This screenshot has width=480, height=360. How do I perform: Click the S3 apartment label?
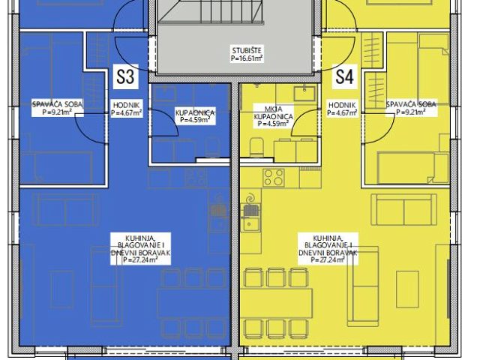coord(126,76)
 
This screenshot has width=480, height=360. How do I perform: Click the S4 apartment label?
coord(345,76)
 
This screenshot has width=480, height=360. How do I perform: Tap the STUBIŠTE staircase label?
coord(247,50)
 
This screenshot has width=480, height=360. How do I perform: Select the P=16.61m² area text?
coord(247,58)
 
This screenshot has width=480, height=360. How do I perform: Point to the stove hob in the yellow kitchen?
coord(274,178)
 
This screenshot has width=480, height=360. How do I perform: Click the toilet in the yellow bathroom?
coord(256,147)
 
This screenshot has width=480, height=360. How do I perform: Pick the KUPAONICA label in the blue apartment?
coord(195,112)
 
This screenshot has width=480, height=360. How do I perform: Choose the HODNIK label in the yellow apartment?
coord(342,105)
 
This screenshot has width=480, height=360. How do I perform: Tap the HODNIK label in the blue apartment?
coord(126,105)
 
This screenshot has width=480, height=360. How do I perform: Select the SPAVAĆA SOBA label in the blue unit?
coord(58,104)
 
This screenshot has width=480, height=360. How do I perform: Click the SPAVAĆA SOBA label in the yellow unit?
coord(411,104)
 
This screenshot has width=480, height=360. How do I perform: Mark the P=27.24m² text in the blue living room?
coord(140,260)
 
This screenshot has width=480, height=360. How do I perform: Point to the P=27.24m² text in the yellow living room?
coord(328,260)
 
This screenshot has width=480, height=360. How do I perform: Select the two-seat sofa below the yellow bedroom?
coord(403,210)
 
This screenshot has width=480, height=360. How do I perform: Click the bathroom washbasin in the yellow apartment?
coord(304,94)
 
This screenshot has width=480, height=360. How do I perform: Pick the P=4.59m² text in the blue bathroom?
coord(195,120)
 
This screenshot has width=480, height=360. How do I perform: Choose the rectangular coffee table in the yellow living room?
coord(407,289)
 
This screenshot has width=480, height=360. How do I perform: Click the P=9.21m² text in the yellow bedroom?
coord(411,112)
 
